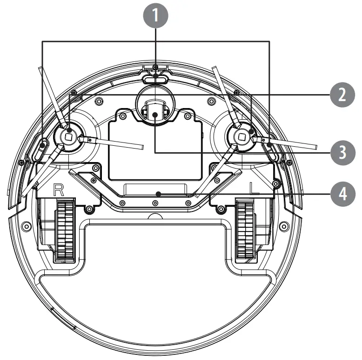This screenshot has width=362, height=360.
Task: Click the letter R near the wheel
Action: coord(59,189)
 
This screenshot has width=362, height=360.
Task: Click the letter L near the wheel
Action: coord(254,188)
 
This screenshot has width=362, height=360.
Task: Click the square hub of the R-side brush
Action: coord(68,136)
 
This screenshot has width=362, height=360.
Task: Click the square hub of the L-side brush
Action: coord(241,136)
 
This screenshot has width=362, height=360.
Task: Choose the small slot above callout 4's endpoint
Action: coord(155,187)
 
